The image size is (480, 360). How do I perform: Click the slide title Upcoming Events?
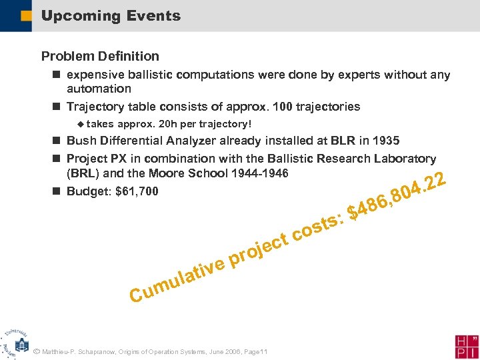pyautogui.click(x=111, y=16)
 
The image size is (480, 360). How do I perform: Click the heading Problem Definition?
pyautogui.click(x=100, y=56)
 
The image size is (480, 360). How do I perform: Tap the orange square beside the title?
pyautogui.click(x=25, y=16)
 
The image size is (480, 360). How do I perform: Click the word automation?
pyautogui.click(x=99, y=88)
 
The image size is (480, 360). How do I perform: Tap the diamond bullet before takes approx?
pyautogui.click(x=80, y=123)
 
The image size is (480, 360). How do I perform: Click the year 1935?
pyautogui.click(x=386, y=141)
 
